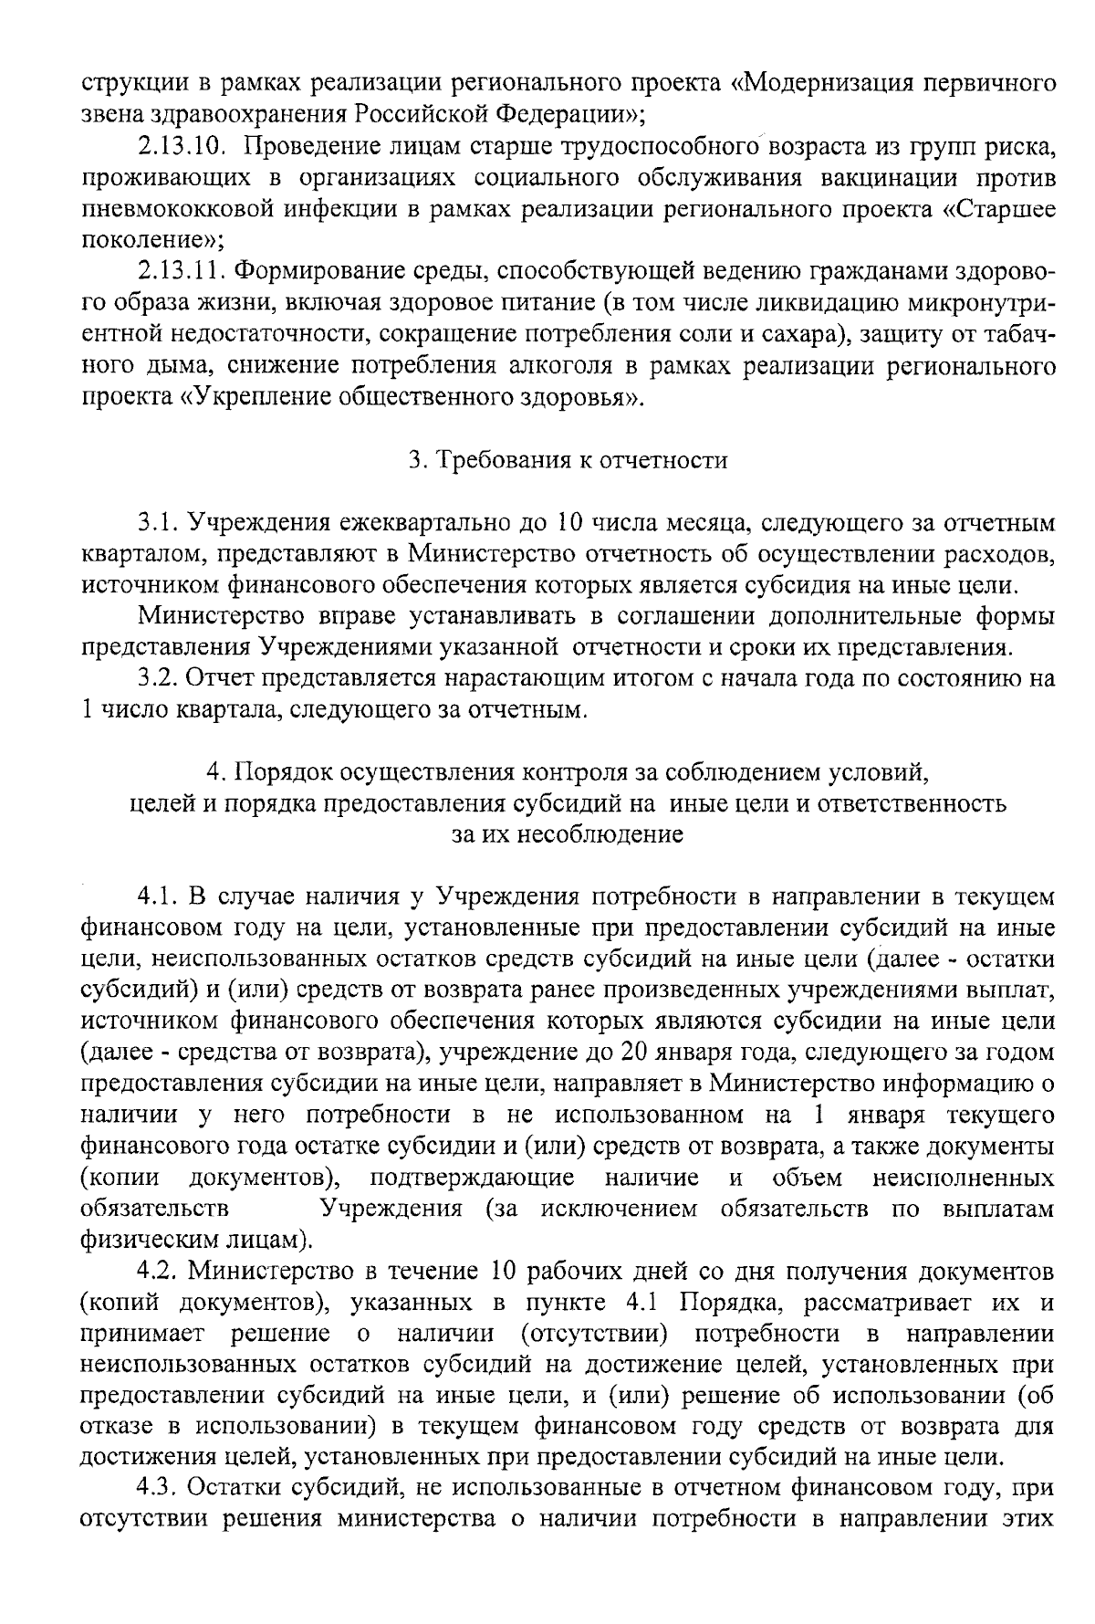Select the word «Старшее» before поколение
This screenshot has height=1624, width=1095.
click(x=1003, y=209)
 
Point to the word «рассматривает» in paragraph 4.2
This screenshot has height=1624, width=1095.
click(x=882, y=1302)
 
